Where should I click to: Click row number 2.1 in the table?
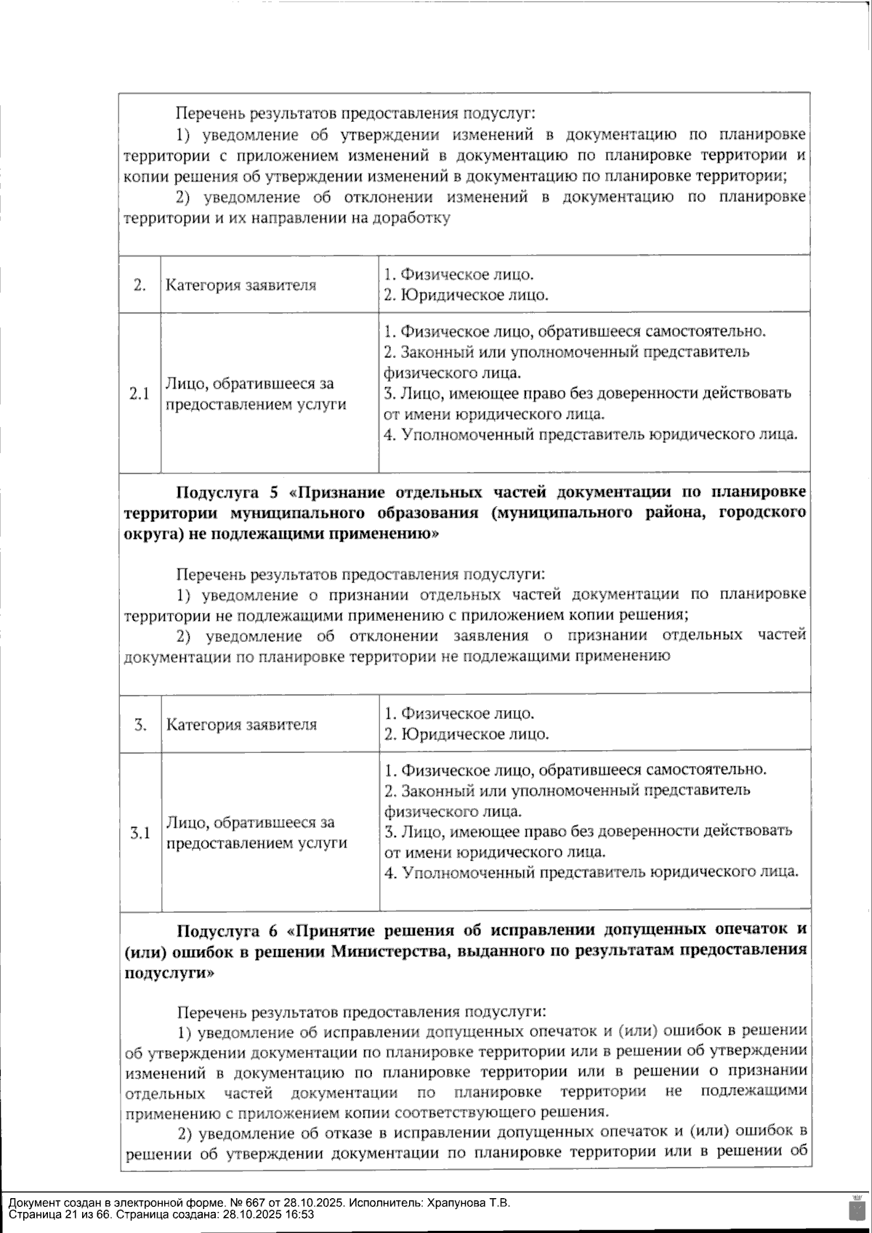140,394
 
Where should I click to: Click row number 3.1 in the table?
140,833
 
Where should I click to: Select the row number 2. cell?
140,285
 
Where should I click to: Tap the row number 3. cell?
140,724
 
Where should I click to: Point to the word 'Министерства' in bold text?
381,951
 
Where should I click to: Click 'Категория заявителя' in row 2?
241,285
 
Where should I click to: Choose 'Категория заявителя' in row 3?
241,724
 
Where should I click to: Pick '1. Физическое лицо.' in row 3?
459,713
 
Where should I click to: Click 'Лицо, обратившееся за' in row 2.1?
249,383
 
